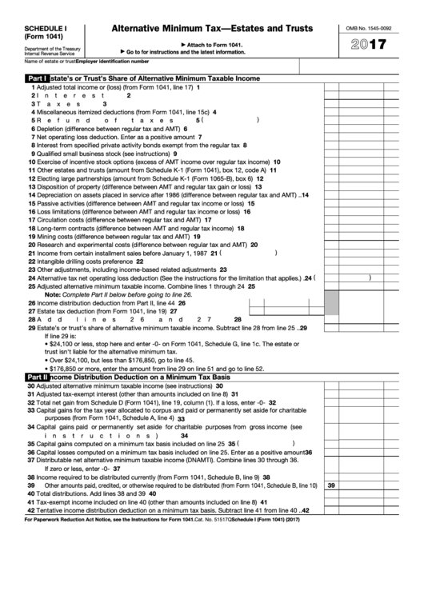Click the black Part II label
[x=38, y=376]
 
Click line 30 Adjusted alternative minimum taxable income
[x=120, y=385]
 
